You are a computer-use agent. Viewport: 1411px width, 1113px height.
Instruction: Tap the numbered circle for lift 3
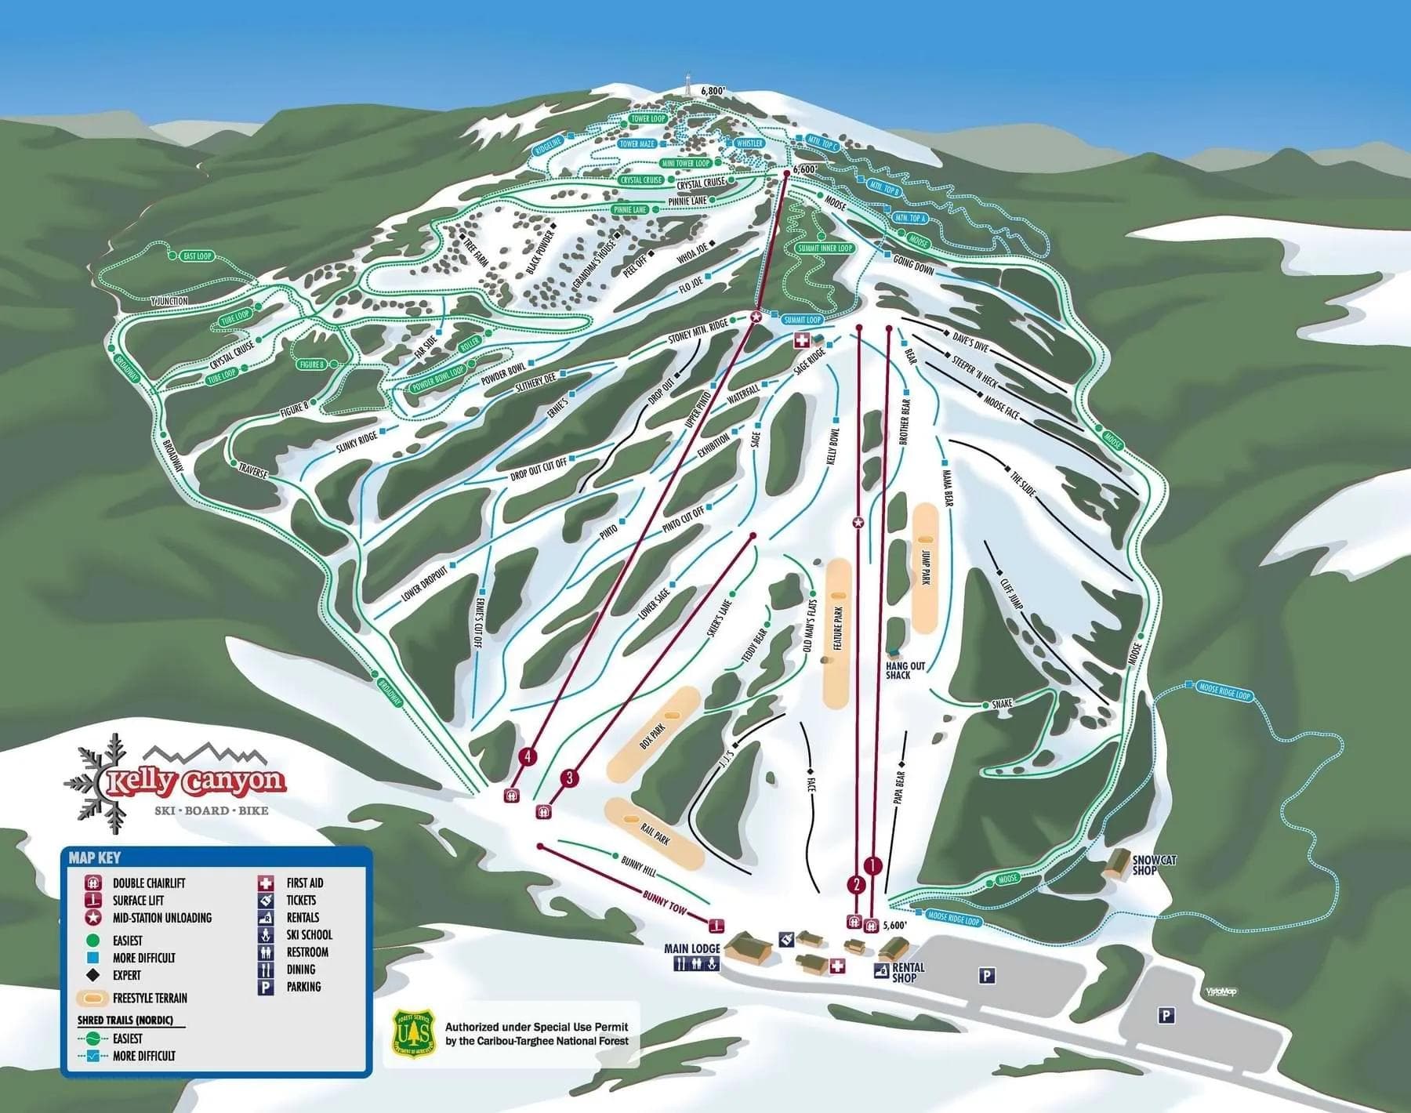570,778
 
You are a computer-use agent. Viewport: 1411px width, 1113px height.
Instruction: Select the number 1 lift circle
873,865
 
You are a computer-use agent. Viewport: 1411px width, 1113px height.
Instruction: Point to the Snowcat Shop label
1154,865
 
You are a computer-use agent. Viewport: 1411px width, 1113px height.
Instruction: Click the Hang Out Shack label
905,671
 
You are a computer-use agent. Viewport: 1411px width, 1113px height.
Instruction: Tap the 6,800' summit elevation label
714,91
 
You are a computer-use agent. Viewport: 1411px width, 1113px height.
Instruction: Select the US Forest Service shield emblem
413,1035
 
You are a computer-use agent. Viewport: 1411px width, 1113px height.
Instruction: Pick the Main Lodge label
691,948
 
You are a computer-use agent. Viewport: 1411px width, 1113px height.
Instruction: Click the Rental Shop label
908,973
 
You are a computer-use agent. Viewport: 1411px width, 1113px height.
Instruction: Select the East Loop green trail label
196,256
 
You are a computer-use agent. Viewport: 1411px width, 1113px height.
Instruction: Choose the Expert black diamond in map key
93,976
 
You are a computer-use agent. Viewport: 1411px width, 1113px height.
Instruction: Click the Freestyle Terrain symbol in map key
93,999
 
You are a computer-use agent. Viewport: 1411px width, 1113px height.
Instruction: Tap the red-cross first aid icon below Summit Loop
802,340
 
